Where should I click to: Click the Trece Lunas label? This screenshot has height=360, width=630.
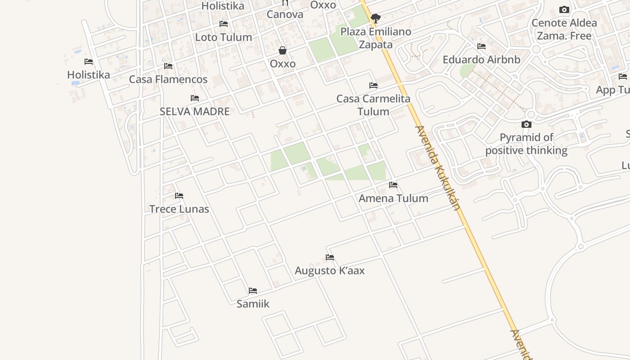click(179, 209)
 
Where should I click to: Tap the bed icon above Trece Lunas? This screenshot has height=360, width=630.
click(179, 196)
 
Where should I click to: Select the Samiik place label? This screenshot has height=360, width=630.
click(253, 304)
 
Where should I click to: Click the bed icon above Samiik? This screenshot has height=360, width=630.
click(253, 291)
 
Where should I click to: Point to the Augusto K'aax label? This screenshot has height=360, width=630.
click(329, 270)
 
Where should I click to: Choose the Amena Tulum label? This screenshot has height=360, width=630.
click(393, 198)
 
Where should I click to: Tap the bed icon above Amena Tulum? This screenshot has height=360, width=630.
click(393, 185)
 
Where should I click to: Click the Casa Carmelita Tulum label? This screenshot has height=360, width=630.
click(373, 105)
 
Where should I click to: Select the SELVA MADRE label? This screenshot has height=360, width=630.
click(194, 111)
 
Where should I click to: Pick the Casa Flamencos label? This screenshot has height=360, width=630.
click(168, 79)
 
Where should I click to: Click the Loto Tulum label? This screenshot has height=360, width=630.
click(223, 37)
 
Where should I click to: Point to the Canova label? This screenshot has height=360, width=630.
click(285, 14)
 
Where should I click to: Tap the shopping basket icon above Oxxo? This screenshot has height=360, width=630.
click(283, 50)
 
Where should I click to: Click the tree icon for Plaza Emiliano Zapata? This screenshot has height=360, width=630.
click(376, 18)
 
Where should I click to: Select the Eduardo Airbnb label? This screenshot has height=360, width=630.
click(481, 59)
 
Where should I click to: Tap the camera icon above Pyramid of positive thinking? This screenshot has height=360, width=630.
click(526, 124)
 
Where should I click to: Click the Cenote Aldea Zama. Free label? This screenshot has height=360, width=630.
click(564, 29)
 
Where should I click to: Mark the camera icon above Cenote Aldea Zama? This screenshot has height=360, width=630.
click(564, 9)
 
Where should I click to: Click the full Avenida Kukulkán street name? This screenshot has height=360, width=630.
click(438, 168)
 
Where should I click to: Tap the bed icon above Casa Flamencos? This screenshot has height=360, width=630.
click(168, 66)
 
